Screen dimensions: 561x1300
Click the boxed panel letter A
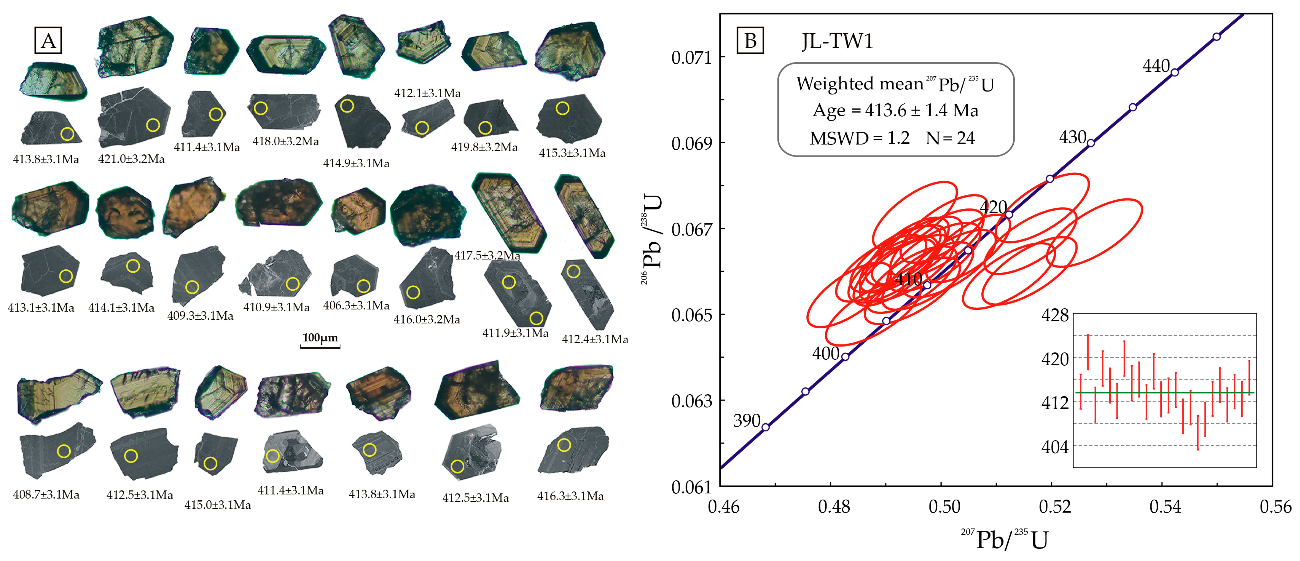pos(48,40)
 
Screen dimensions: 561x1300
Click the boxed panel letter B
pos(750,40)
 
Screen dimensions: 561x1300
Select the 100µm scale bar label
pos(320,338)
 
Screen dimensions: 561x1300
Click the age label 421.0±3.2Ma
pos(131,159)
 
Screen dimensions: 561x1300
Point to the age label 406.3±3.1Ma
pos(356,306)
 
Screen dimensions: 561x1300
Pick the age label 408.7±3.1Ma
pos(46,494)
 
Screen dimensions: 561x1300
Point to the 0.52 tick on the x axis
pos(1054,506)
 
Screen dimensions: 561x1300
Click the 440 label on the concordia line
pos(1156,66)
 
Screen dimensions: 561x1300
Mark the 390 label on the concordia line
pos(746,420)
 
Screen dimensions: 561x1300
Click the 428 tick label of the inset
pos(1055,315)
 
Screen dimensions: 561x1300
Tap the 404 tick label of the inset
pos(1055,447)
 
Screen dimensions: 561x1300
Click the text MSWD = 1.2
pos(859,138)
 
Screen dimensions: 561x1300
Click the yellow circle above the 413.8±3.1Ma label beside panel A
pos(67,134)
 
